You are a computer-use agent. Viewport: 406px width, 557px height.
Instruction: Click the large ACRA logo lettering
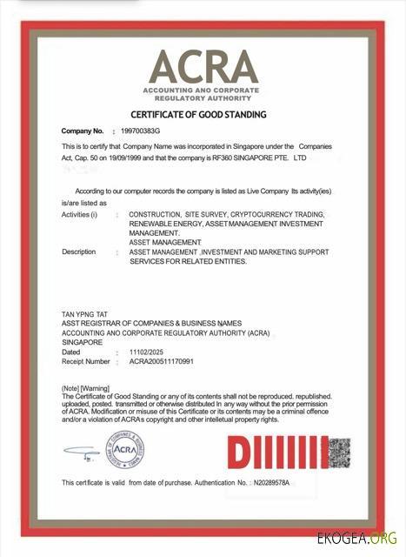204,68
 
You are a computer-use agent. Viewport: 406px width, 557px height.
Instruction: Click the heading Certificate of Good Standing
198,114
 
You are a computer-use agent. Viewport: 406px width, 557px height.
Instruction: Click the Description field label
79,252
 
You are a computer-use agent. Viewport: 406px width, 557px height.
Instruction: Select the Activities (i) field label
80,214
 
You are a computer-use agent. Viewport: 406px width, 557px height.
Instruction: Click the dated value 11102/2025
147,352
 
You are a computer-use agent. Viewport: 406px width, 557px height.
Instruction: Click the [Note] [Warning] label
85,386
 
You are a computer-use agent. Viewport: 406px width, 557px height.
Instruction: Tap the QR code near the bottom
340,451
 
